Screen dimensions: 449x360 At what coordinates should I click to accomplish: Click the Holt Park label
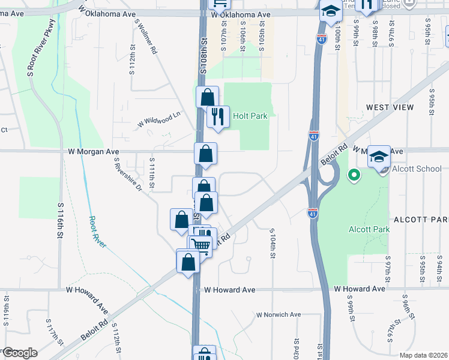click(249, 116)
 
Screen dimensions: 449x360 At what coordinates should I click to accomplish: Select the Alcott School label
click(417, 169)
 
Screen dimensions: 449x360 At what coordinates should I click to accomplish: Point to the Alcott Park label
click(369, 229)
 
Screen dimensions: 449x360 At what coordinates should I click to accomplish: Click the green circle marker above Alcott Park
click(354, 176)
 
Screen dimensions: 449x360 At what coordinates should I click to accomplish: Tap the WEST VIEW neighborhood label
click(390, 107)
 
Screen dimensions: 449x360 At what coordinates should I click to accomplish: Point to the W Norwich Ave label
click(278, 314)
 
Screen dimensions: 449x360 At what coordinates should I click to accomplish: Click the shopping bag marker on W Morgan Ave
click(205, 154)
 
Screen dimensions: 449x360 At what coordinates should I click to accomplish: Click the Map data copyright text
click(423, 355)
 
